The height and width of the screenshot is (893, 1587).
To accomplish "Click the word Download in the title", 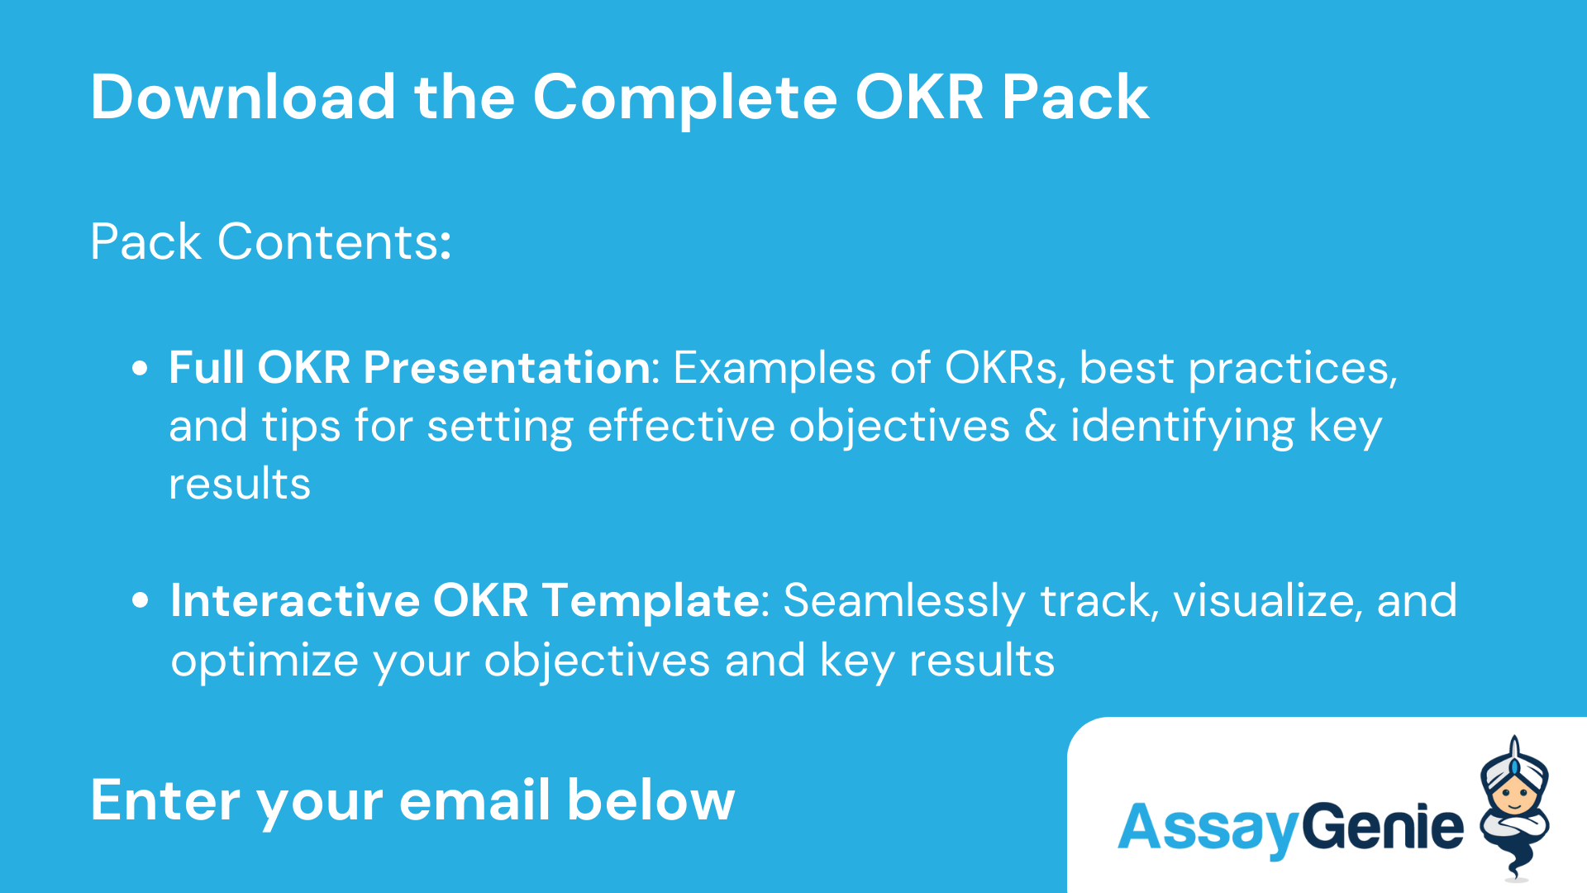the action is point(244,98).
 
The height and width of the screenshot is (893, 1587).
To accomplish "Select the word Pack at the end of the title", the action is point(1075,98).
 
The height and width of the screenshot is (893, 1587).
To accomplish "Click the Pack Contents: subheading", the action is point(271,242).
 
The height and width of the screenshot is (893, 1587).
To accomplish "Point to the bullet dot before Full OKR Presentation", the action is point(140,368).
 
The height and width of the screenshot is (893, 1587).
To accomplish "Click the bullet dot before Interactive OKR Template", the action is point(140,600).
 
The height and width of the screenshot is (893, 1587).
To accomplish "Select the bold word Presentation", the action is point(507,368).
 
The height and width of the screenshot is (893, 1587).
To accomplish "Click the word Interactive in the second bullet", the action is point(295,601).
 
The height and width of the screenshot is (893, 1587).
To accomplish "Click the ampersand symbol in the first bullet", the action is point(1041,427).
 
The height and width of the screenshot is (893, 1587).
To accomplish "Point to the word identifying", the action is point(1182,427).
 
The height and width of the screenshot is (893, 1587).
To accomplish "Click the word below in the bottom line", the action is point(651,800).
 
